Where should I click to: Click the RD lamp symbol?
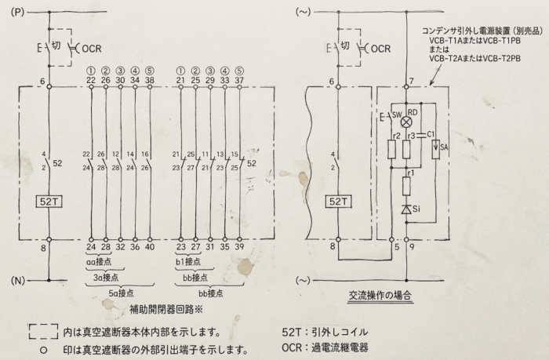[x=406, y=122]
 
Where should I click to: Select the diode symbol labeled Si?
[x=406, y=209]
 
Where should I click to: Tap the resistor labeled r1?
[x=406, y=186]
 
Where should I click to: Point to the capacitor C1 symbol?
[x=421, y=135]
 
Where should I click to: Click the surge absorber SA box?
[x=435, y=149]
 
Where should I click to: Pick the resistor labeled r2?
[x=392, y=149]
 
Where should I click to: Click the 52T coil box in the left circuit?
[x=49, y=202]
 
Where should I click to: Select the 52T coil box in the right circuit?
[x=338, y=202]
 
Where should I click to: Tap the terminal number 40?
[x=150, y=247]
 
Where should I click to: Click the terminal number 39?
[x=239, y=247]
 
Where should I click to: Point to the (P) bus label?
[x=17, y=13]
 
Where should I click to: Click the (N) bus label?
[x=17, y=281]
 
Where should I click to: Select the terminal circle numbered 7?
[x=406, y=86]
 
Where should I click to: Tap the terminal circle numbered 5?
[x=392, y=240]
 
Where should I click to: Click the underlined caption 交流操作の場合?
[x=380, y=296]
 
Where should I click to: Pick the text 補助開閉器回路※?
[x=166, y=309]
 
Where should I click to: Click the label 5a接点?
[x=121, y=293]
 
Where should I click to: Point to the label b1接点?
[x=188, y=262]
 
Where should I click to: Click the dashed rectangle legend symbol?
[x=43, y=332]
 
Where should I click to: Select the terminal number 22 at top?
[x=91, y=80]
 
